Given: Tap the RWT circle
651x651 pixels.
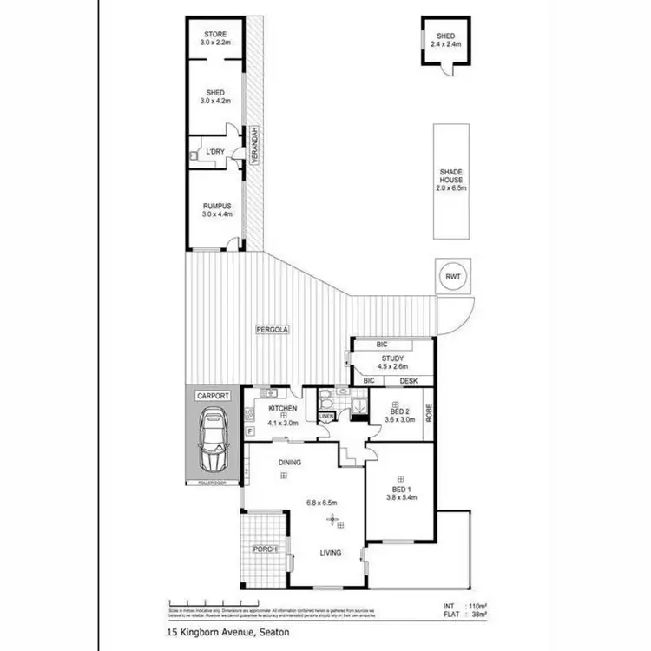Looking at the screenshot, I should point(453,278).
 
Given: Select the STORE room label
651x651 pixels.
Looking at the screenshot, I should point(215,35).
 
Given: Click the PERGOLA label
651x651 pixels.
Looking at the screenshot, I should point(272,330).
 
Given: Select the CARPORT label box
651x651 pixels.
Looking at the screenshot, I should point(213,396).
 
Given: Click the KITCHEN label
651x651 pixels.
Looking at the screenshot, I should point(284,409).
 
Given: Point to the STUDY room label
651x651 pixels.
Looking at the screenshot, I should point(392,358).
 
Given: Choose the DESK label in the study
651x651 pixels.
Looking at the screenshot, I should point(409,381).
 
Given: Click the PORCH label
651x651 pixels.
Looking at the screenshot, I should point(264,549).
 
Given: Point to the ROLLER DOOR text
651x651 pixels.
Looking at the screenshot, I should point(212,483).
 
